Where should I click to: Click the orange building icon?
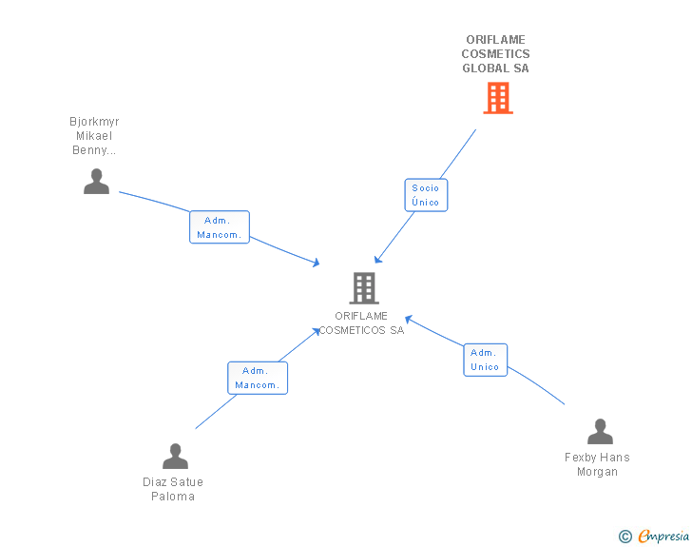(x=498, y=98)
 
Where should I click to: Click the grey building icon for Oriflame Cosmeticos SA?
(x=364, y=288)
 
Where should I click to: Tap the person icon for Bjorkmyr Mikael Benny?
(x=96, y=181)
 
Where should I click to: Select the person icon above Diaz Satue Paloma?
(x=175, y=456)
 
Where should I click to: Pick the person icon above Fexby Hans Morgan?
(x=600, y=431)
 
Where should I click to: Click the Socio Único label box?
(x=426, y=195)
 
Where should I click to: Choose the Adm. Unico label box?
(x=485, y=360)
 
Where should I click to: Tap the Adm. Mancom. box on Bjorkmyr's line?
(x=220, y=227)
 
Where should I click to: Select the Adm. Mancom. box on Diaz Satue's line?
(x=258, y=378)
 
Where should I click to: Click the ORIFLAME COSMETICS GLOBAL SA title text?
(x=495, y=54)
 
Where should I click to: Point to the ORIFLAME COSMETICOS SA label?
(x=361, y=323)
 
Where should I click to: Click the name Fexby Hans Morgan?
(x=597, y=464)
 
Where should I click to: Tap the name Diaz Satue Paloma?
(x=173, y=489)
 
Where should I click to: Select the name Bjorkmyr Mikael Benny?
(x=94, y=136)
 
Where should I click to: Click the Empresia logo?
(x=663, y=536)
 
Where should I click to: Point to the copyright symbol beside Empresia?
(x=625, y=537)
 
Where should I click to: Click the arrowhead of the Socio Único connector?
(x=377, y=260)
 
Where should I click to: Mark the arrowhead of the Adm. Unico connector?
(x=409, y=318)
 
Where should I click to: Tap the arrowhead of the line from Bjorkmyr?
(x=316, y=263)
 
